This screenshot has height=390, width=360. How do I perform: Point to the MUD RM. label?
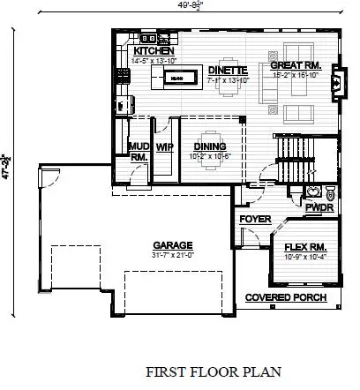(x=138, y=151)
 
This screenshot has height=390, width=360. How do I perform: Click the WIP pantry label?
(x=163, y=147)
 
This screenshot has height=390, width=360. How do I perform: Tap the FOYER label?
(x=254, y=219)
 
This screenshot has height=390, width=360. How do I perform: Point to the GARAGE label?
(x=173, y=245)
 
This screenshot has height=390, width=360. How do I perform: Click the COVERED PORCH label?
(x=285, y=298)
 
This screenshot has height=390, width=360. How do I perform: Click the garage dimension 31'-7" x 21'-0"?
(x=173, y=256)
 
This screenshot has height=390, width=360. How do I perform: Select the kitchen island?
(x=176, y=79)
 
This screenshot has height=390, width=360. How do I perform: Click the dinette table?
(x=228, y=86)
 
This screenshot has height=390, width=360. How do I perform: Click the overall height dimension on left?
(x=8, y=168)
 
